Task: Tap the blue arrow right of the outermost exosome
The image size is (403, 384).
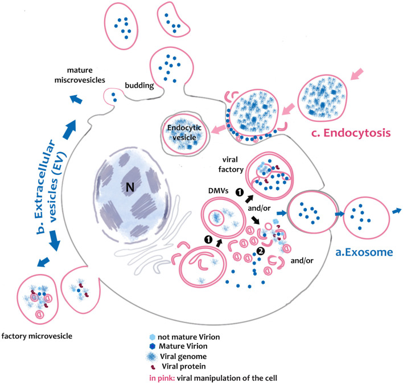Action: [394, 210]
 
